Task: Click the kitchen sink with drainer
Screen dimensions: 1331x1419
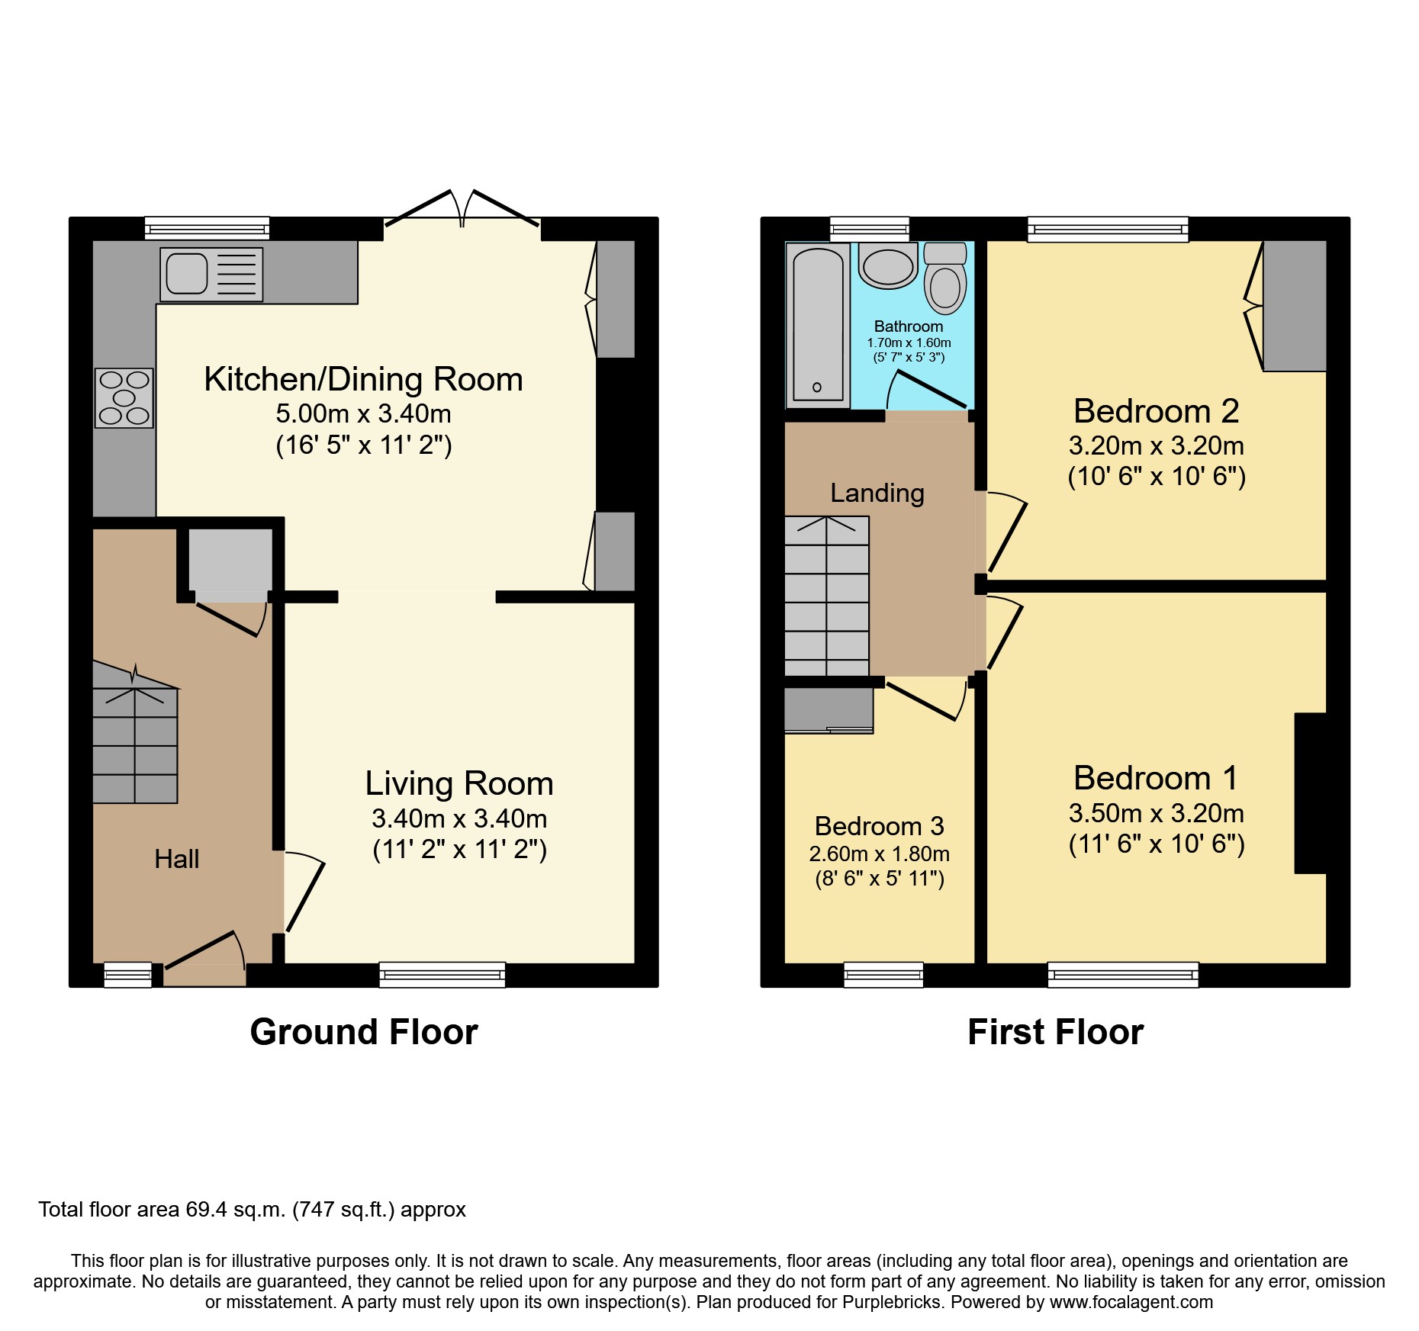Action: coord(211,274)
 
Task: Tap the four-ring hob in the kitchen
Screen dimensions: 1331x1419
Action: coord(124,397)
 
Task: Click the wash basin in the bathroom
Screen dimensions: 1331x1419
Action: coord(887,266)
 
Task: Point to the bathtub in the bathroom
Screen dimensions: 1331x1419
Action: coord(818,324)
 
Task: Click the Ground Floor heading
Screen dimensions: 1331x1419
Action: coord(363,1032)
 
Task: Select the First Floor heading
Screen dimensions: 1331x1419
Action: coord(1055,1032)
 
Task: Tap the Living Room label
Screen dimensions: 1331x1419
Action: coord(459,783)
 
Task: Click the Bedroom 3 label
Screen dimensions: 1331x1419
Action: coord(879,826)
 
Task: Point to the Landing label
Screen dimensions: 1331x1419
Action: coord(877,493)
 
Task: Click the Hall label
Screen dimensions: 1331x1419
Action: coord(176,859)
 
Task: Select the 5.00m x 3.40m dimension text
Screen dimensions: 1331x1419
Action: coord(363,413)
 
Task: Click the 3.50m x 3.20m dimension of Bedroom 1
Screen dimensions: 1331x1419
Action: coord(1156,813)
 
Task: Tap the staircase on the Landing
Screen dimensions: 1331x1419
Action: coord(827,596)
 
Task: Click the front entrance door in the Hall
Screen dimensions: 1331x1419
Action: coord(204,963)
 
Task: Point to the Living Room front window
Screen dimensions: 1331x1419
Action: coord(442,974)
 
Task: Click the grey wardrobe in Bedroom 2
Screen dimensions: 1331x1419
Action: coord(1294,306)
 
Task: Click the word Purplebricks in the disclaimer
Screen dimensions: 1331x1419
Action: coord(891,1302)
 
